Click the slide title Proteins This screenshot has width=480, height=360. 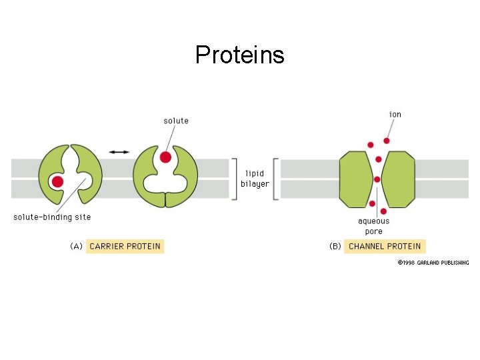[239, 55]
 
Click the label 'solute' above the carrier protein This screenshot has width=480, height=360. [176, 121]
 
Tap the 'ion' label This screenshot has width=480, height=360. [395, 114]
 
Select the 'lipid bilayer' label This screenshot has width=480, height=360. [255, 179]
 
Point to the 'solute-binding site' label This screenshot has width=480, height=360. [52, 217]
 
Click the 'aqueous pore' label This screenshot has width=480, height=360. [373, 226]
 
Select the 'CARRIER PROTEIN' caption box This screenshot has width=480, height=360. [125, 246]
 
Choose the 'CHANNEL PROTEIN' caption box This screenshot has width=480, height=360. [385, 246]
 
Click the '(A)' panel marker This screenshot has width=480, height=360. [77, 246]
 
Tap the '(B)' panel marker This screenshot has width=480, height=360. [335, 246]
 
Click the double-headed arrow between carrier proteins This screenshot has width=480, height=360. [119, 152]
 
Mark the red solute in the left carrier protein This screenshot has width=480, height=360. [58, 181]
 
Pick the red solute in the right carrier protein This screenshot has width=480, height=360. [165, 157]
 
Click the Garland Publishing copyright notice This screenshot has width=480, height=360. [433, 263]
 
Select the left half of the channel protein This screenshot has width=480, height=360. [357, 179]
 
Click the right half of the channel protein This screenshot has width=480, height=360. [398, 179]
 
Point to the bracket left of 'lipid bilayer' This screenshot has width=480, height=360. [233, 179]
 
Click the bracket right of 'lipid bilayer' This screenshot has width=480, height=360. [276, 179]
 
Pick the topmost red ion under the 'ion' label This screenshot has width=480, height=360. [386, 141]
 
